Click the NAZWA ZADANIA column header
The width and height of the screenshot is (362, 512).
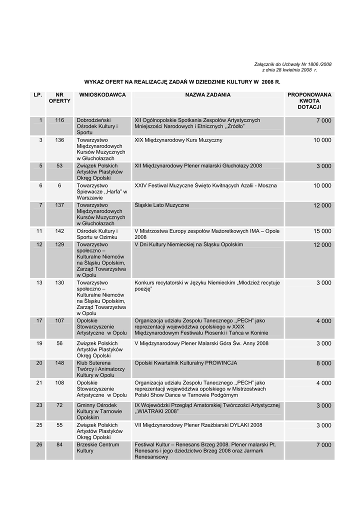coord(207,94)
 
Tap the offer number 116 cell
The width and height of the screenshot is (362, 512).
coord(59,120)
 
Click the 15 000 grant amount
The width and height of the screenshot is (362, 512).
coord(322,231)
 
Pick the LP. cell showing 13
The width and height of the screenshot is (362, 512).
coord(39,283)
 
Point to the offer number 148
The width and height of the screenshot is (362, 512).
coord(59,363)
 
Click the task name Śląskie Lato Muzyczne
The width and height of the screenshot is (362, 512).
coord(162,205)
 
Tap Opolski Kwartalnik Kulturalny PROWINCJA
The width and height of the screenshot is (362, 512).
coord(185,363)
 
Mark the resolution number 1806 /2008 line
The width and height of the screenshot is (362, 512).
coord(293,64)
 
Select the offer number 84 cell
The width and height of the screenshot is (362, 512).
coord(59,445)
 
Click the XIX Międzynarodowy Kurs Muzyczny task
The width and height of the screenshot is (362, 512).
coord(178,140)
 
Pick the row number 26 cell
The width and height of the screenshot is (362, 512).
coord(39,445)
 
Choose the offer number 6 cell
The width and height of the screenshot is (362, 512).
coord(59,185)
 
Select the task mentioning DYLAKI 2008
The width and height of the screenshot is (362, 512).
coord(198,425)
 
